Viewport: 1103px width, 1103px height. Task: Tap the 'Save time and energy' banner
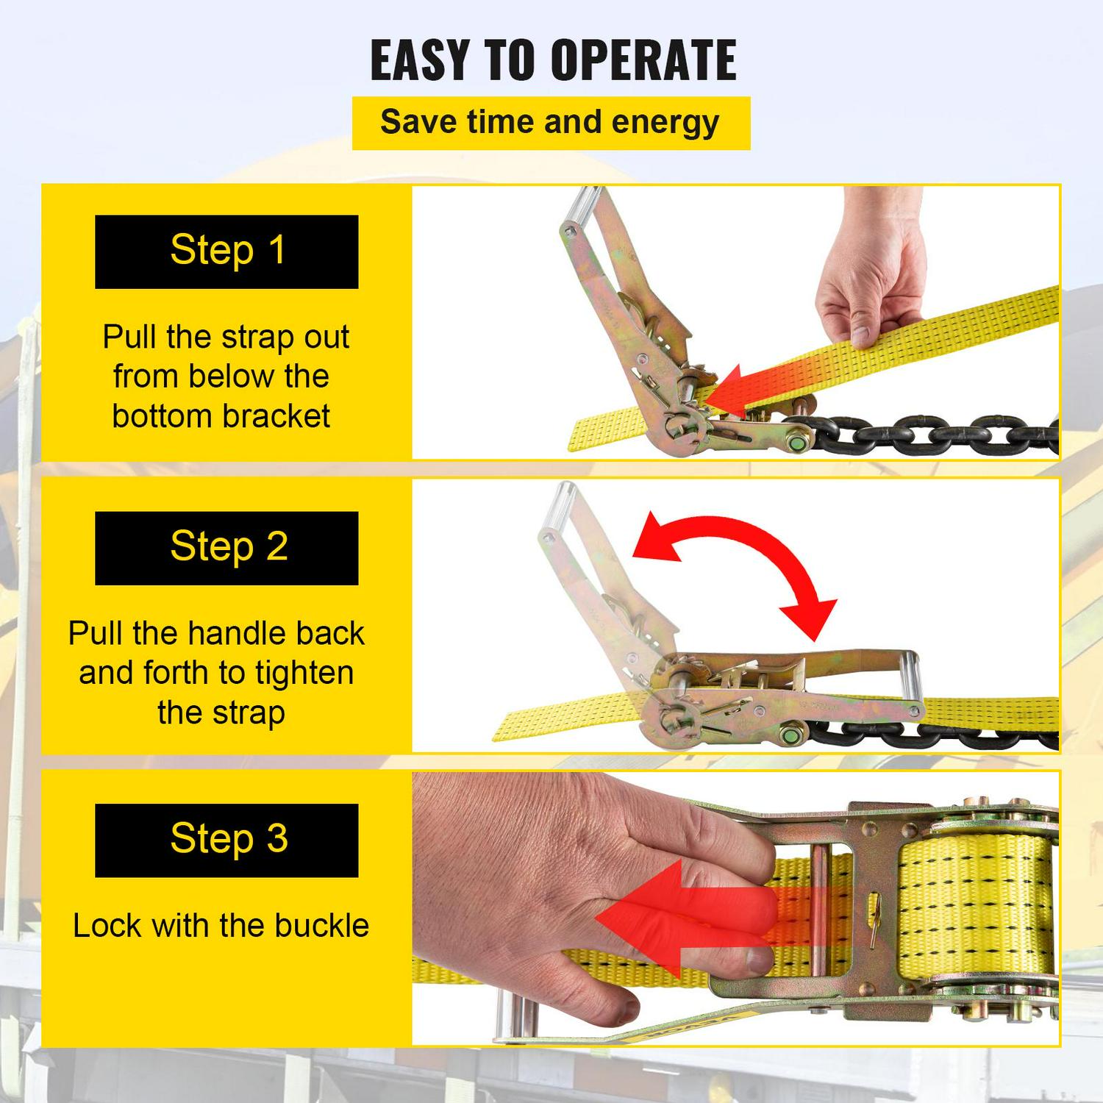[551, 123]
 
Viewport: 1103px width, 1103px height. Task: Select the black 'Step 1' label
[226, 251]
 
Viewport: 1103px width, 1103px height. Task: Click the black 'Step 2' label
[226, 548]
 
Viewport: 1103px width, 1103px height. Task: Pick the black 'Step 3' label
[226, 840]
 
